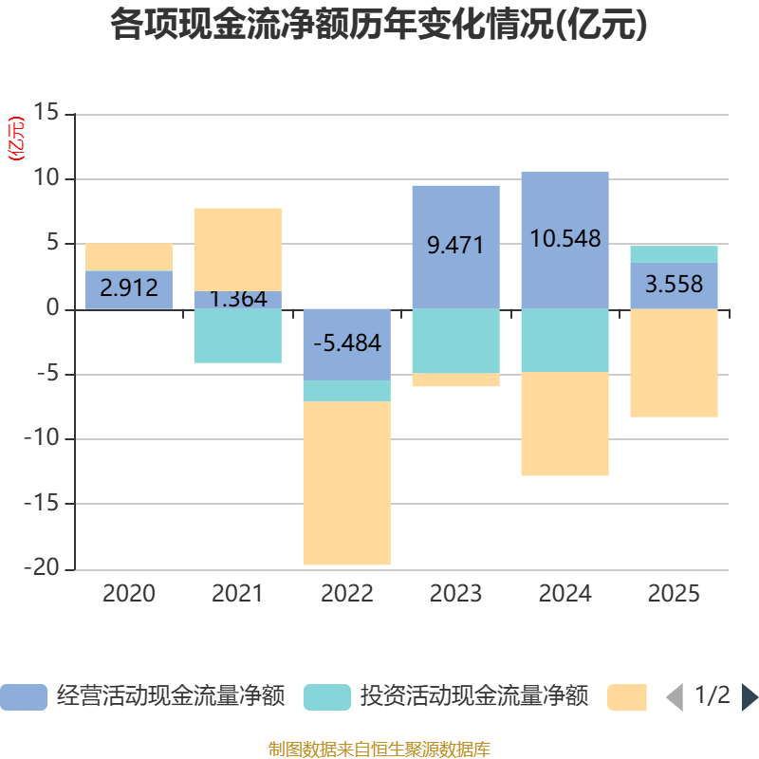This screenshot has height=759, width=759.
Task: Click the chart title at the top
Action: coord(379,26)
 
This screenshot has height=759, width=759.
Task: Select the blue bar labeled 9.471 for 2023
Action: coord(455,213)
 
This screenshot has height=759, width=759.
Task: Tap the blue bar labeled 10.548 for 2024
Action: coord(565,204)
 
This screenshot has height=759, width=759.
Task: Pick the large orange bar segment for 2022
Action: coord(346,484)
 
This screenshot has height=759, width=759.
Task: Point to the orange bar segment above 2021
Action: coord(237,249)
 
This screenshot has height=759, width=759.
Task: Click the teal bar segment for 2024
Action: coord(565,340)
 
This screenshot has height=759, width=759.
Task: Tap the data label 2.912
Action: coord(129,288)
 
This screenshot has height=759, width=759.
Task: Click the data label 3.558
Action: coord(674,284)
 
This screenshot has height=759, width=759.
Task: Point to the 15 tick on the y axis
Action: coord(46,114)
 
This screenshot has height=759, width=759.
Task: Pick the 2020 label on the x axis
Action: coord(129,595)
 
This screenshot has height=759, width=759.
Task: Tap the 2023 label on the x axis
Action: coord(455,595)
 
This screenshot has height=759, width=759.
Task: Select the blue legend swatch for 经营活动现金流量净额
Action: coord(24,697)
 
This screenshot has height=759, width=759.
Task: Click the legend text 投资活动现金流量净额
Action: coord(474,697)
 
